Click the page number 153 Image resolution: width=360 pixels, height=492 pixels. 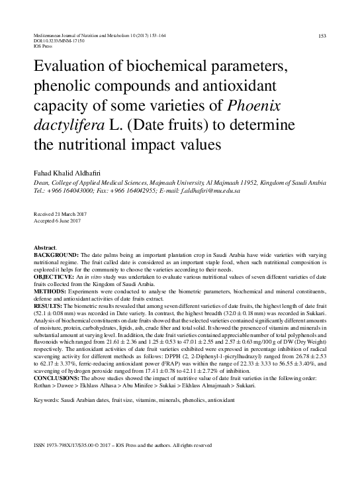click(322, 36)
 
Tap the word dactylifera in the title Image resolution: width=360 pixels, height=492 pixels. click(69, 124)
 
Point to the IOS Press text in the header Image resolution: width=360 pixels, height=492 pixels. click(42, 46)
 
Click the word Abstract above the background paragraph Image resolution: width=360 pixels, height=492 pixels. click(44, 247)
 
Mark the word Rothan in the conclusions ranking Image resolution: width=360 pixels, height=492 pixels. click(43, 384)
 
